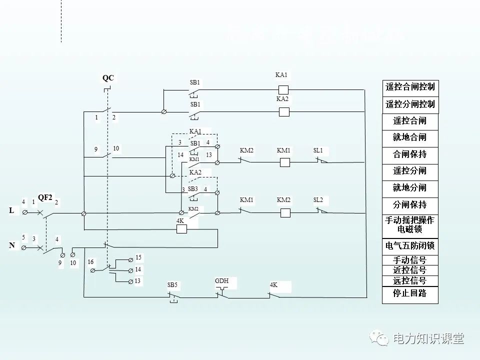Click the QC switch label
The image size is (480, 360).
108,78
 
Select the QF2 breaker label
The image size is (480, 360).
45,197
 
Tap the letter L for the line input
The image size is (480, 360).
11,211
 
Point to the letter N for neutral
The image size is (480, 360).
11,245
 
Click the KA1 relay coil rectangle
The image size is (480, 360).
283,90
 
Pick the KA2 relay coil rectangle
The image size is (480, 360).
283,112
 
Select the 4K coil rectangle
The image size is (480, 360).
181,229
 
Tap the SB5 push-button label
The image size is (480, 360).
172,285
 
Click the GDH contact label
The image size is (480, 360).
221,281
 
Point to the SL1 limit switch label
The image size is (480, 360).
318,150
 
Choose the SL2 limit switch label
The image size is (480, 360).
318,200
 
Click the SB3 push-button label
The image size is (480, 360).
193,189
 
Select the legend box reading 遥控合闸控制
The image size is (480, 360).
410,87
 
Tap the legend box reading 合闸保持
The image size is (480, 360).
410,154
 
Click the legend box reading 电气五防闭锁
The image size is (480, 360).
410,246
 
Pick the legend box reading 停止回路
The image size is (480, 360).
410,293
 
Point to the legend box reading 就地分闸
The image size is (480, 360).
410,188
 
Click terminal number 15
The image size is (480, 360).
138,257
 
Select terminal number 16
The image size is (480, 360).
90,262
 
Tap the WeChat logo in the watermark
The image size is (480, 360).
379,339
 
